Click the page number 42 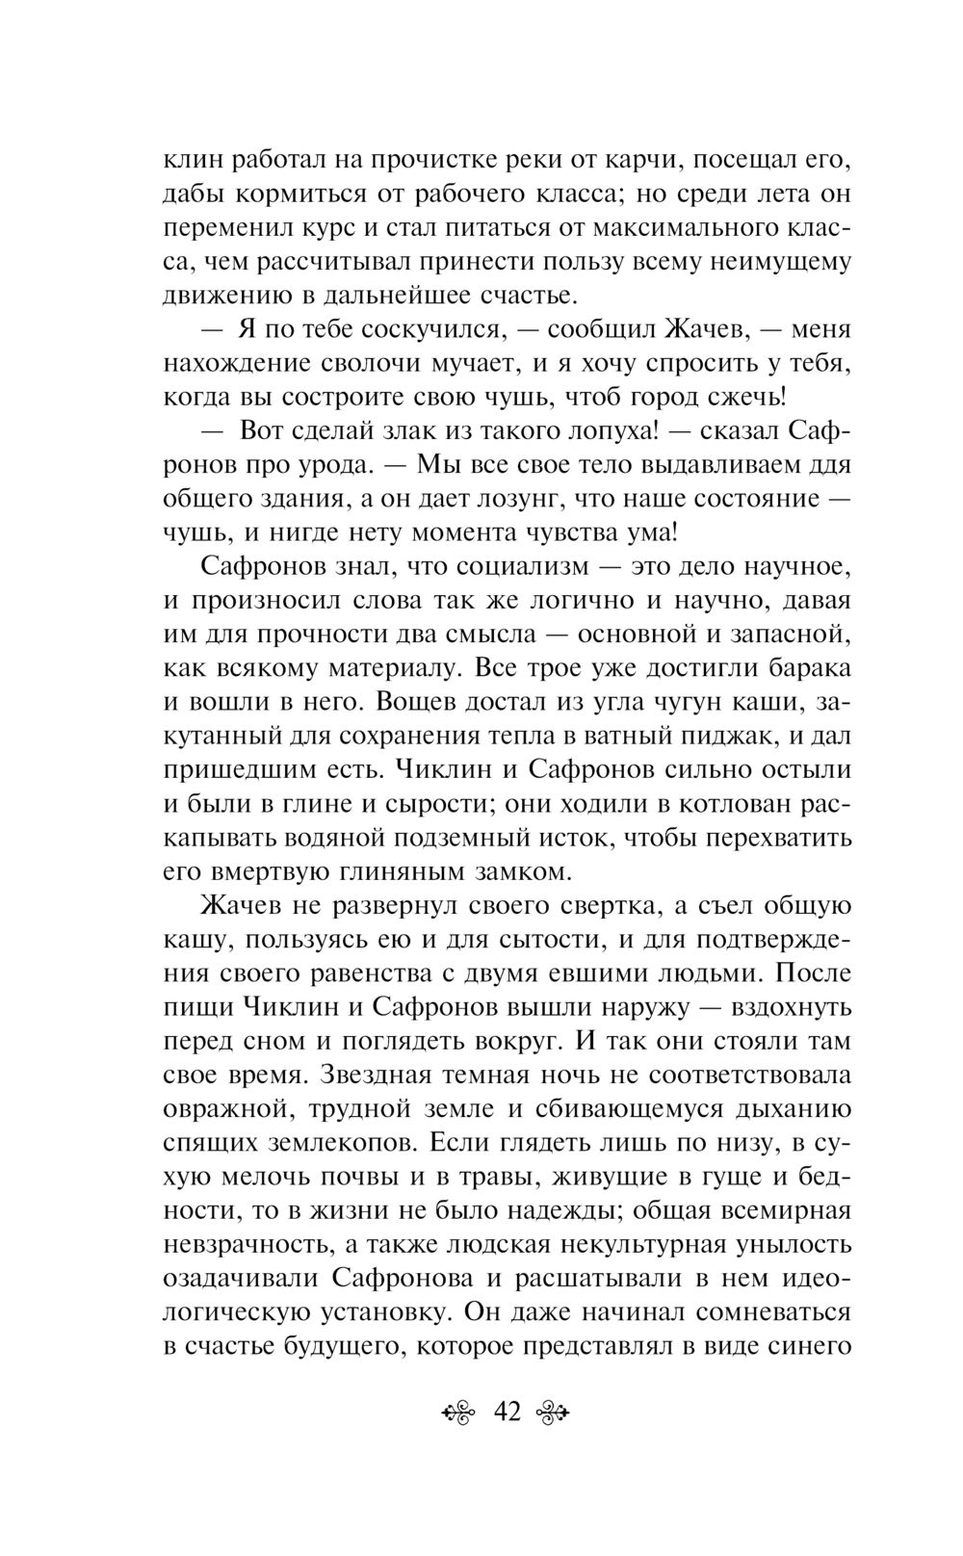[x=507, y=1413]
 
